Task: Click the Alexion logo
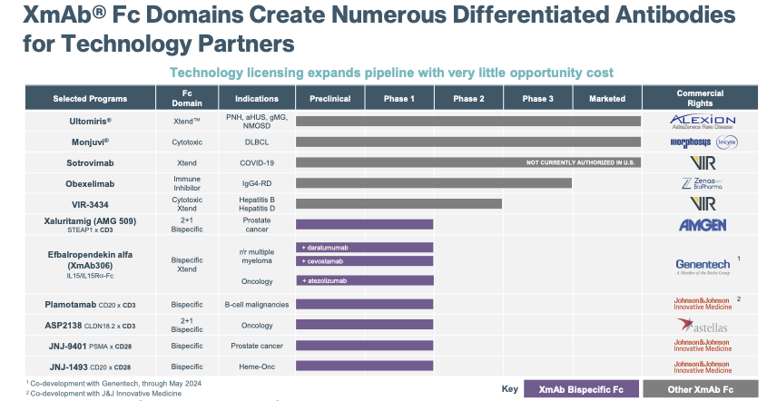pos(701,122)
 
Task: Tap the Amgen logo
pos(701,224)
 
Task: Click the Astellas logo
pos(701,324)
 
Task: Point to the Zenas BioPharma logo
pos(701,183)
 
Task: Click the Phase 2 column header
pos(468,98)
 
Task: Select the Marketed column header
pos(606,98)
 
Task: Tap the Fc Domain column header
pos(186,98)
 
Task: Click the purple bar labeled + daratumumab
pos(365,247)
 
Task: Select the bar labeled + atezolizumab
pos(365,281)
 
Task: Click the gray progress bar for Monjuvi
pos(468,142)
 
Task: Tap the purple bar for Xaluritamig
pos(365,224)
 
